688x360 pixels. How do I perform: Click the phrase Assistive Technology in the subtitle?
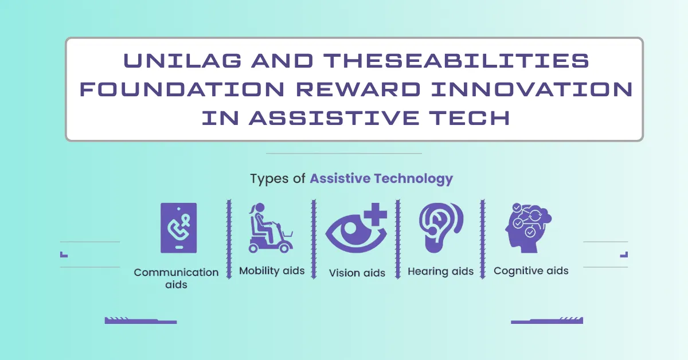coord(381,178)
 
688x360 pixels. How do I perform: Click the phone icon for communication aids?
coord(178,228)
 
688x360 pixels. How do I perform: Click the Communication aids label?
coord(176,278)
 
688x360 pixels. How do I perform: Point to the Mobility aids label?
coord(271,271)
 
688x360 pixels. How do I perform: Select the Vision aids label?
coord(357,273)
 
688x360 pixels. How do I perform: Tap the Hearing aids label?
coord(440,271)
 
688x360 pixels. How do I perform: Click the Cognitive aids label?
coord(531,271)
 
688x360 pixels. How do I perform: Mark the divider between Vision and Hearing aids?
coord(398,239)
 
